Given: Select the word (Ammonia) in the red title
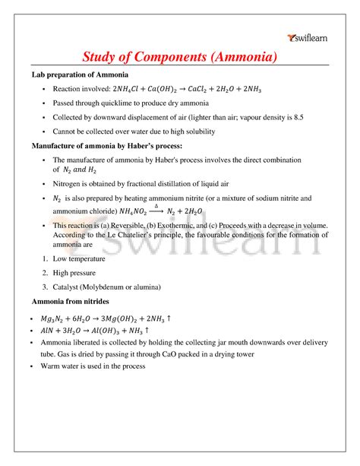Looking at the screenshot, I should [240, 57].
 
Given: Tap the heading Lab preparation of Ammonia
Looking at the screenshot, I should [80, 75].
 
